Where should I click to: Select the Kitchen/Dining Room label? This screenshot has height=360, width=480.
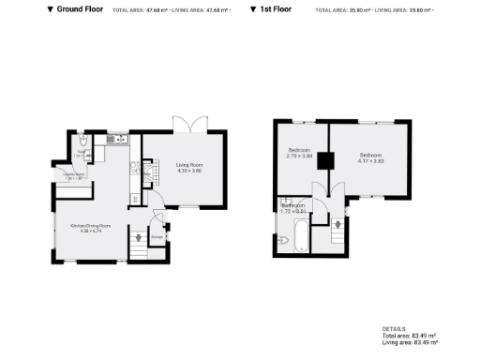tap(91, 227)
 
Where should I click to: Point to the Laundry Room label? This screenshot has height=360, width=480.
tap(74, 175)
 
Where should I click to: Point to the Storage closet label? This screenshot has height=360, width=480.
tap(157, 236)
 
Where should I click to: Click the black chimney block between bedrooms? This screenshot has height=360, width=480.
tap(324, 160)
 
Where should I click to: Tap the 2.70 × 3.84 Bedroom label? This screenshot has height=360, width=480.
tap(299, 154)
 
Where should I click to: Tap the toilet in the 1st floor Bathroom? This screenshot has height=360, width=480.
tap(283, 240)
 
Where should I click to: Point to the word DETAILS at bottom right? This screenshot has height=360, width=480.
tap(394, 329)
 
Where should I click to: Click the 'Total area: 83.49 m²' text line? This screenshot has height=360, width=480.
tap(409, 336)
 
